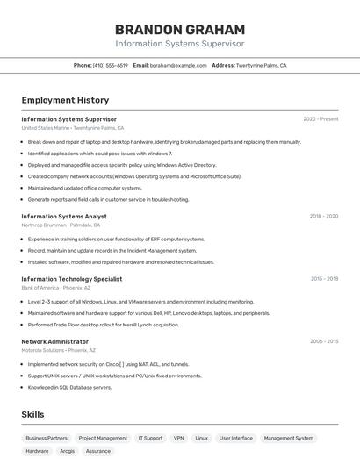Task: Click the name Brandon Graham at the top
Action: click(180, 29)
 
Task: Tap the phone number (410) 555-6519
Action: click(111, 65)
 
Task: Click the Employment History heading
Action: click(65, 100)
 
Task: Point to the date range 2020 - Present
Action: click(320, 119)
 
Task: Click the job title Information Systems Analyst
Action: click(64, 216)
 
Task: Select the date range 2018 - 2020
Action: click(323, 216)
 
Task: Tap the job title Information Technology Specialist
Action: click(72, 279)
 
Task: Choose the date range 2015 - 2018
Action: click(324, 279)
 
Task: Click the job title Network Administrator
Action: click(54, 341)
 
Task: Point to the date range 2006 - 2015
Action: click(324, 341)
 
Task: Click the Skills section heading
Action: click(33, 414)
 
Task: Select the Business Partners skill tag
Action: click(47, 438)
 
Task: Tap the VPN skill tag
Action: click(178, 438)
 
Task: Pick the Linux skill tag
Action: click(202, 438)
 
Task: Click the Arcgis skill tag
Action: click(68, 451)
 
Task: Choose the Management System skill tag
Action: click(289, 438)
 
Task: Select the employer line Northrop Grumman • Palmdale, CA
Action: click(64, 225)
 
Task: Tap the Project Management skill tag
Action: click(103, 438)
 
